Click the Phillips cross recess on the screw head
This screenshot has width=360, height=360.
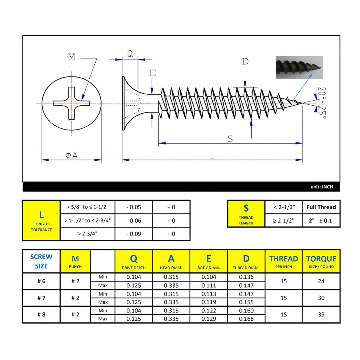coord(71,103)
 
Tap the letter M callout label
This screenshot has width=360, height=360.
coord(72,57)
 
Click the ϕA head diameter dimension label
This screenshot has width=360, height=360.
coord(72,155)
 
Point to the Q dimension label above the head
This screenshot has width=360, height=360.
coord(130,54)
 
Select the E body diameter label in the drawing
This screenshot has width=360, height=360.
coord(152,73)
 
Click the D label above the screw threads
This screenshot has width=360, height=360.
coord(245,61)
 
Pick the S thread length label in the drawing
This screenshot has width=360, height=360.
coord(230,138)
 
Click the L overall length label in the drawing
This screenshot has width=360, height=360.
coord(212,155)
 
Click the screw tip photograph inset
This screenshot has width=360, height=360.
coord(299,67)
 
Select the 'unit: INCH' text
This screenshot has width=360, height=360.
coord(322,187)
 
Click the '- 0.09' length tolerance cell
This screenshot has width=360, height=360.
coord(134,234)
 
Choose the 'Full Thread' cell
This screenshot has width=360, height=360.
coord(321,207)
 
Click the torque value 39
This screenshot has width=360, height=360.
coord(321,314)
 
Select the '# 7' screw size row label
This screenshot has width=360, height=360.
coord(41,298)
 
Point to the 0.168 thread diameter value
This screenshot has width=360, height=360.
coord(246,319)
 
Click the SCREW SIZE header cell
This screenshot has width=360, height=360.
coord(41,261)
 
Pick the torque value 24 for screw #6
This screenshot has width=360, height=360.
coord(321,281)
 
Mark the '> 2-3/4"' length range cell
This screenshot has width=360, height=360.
coord(88,234)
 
